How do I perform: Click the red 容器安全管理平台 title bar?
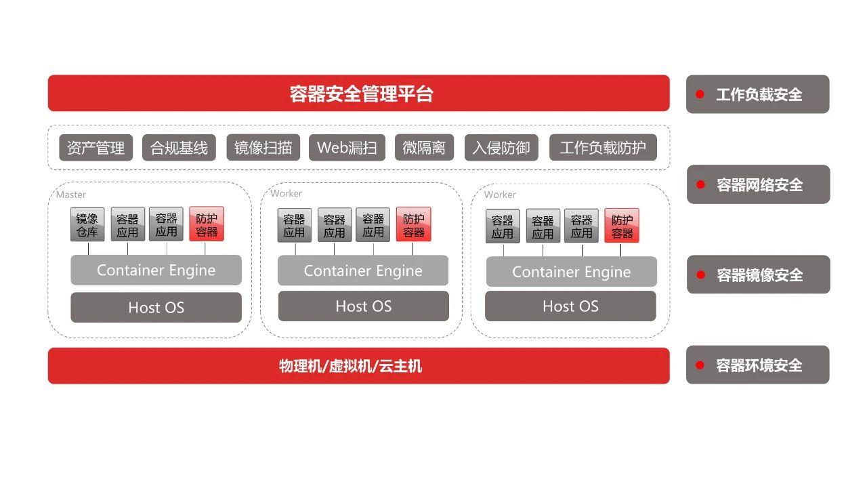358,94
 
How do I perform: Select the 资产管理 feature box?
96,148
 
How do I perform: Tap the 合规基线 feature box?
179,148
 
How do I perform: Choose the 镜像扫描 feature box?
263,148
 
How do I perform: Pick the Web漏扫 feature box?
347,148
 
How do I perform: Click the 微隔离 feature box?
424,148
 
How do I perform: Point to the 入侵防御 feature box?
501,148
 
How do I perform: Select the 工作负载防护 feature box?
603,148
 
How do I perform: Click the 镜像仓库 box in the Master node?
87,225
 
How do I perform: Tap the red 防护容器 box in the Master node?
207,224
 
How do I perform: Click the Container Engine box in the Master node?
156,270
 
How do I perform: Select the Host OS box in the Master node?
156,308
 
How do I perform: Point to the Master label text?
71,195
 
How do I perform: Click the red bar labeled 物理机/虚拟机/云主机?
358,366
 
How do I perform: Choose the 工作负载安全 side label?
758,94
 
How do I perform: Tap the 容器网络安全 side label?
759,184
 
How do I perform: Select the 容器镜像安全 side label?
759,274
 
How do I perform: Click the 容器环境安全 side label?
758,365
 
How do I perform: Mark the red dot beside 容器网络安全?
700,184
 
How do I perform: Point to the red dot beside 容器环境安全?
700,365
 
